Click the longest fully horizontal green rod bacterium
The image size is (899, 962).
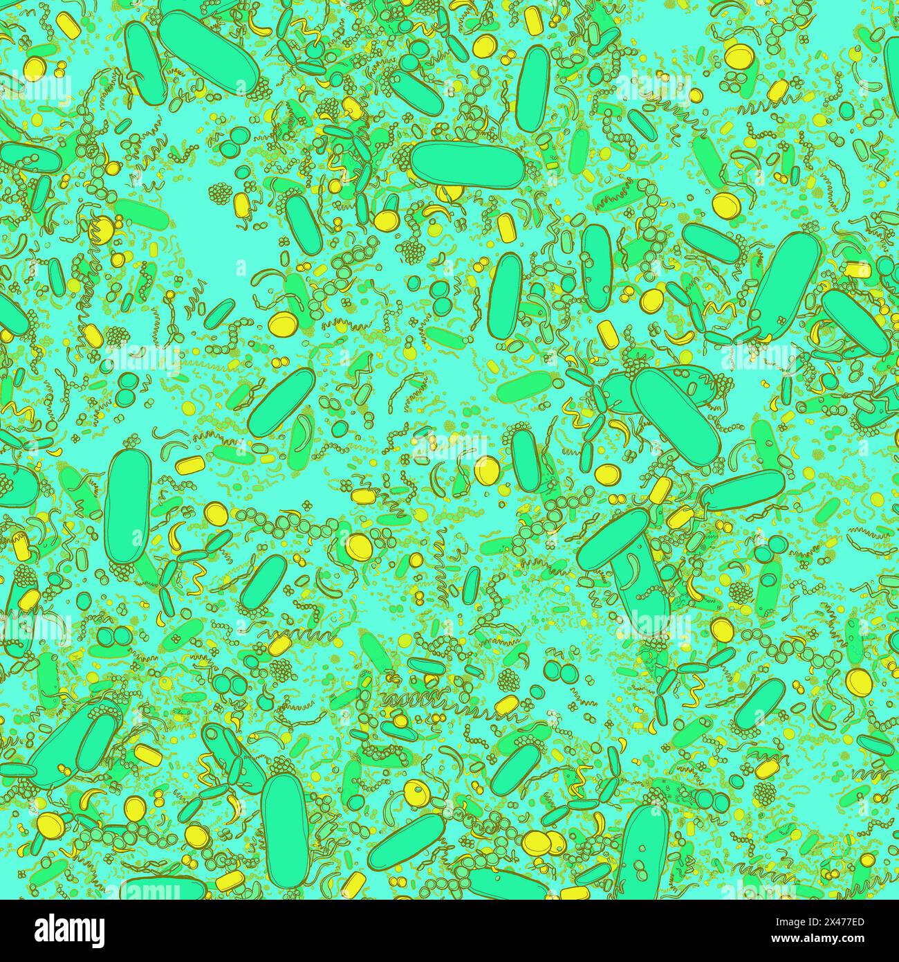coord(467,164)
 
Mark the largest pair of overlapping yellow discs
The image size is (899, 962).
coord(542,841)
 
